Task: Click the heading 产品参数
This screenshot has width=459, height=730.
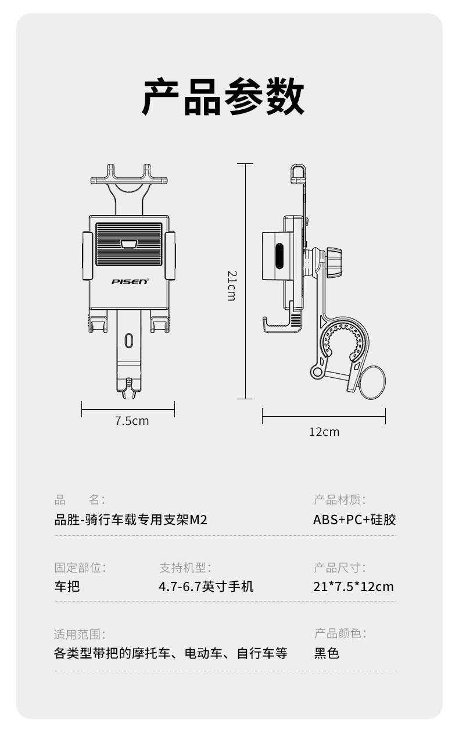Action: point(223,97)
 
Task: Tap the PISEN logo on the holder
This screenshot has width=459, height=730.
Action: point(130,281)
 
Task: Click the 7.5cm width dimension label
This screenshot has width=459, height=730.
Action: point(132,421)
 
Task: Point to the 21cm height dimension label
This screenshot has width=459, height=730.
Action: point(232,285)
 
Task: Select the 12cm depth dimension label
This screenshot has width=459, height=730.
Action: point(324,432)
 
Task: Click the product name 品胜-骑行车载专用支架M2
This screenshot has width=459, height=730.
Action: point(131,520)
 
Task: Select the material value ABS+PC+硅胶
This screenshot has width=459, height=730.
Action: point(354,520)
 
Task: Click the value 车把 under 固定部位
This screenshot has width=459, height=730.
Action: point(67,586)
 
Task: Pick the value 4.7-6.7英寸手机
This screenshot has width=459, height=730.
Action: point(206,586)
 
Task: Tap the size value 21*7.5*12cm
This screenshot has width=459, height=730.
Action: point(353,586)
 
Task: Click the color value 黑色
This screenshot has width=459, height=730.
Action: point(327,653)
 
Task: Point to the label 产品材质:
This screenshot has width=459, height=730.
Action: point(340,500)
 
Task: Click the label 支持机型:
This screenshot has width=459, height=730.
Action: point(185,567)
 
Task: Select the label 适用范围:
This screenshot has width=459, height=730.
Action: point(80,634)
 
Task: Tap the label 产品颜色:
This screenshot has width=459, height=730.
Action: point(340,633)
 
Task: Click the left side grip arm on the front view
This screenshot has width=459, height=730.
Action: point(87,256)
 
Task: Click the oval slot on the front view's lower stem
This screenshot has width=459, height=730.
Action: point(129,340)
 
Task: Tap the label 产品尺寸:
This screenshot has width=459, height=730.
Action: point(340,567)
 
